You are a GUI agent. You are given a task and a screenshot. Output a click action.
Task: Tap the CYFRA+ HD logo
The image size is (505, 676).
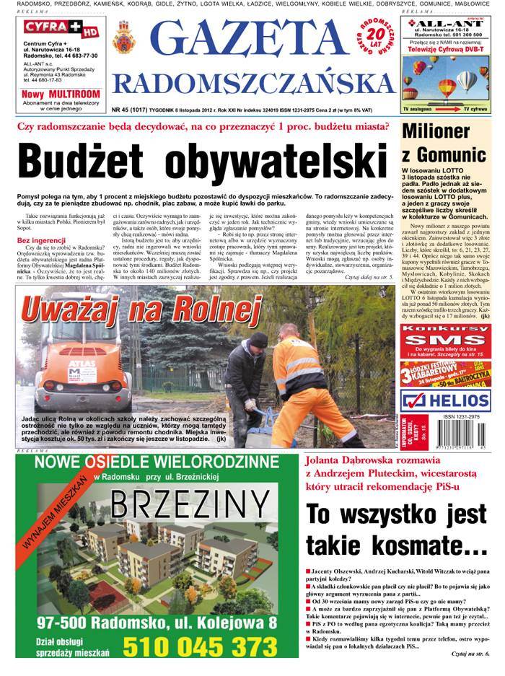coord(50,30)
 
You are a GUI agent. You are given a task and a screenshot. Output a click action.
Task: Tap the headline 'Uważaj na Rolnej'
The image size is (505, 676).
coord(141,310)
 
